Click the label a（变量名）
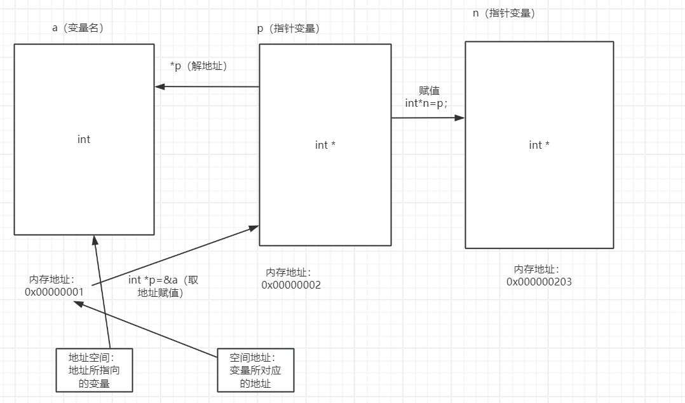[x=78, y=28]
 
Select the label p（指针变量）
[x=288, y=29]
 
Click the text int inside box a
[x=84, y=139]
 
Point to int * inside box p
[x=325, y=146]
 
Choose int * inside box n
[x=539, y=146]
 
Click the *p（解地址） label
[x=199, y=66]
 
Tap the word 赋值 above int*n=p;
[x=429, y=91]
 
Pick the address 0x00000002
[x=291, y=285]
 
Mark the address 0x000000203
[x=539, y=282]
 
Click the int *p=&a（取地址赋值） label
[x=163, y=287]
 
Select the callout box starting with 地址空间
[x=93, y=370]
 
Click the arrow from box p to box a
[x=207, y=86]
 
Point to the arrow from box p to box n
[x=428, y=118]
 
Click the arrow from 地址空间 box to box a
[x=102, y=292]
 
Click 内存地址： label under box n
[x=536, y=270]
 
